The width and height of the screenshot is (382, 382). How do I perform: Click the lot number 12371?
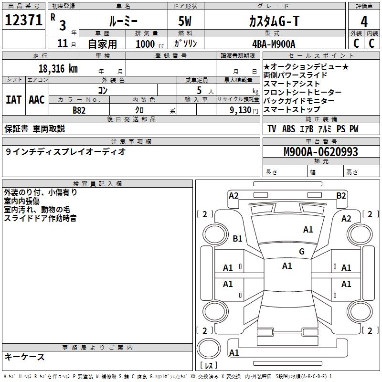pos(23,21)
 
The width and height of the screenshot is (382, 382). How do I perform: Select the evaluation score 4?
pos(364,21)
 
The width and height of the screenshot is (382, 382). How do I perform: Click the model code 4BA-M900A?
pos(274,44)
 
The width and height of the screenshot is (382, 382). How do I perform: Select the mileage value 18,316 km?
pos(58,68)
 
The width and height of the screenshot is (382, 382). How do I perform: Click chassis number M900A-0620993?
pos(320,152)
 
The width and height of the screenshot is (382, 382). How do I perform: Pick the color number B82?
pos(79,110)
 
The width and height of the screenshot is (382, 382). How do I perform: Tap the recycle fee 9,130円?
pos(243,110)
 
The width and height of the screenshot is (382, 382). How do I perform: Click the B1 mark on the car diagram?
pos(238,238)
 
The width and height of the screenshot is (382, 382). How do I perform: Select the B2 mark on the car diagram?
pos(341,195)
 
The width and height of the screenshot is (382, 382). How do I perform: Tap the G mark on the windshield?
pos(301,252)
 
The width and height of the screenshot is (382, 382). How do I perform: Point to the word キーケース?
pos(25,357)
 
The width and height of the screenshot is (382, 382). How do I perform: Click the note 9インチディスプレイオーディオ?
pos(66,152)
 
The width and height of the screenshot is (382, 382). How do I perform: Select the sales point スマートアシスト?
pos(292,84)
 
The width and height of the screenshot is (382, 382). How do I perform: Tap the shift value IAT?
pos(13,100)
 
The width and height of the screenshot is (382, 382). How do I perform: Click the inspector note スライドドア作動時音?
pos(40,218)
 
